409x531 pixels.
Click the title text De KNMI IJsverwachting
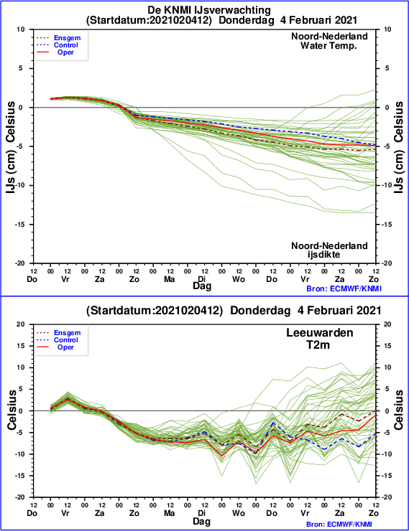point(209,10)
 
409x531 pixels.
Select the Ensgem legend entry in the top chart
point(67,38)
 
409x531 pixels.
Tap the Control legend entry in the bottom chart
point(66,340)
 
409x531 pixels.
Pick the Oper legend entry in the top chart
point(65,52)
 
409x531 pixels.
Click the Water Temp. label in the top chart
point(328,45)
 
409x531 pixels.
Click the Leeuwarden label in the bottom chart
point(319,332)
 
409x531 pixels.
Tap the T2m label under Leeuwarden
point(318,344)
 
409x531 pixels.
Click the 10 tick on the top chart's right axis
point(387,29)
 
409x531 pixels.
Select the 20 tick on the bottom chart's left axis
point(21,324)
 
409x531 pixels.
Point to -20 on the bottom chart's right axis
point(388,497)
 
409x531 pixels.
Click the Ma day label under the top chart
point(169,279)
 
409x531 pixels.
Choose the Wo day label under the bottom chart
point(239,513)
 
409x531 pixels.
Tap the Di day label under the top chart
point(202,279)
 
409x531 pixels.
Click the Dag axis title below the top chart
point(202,286)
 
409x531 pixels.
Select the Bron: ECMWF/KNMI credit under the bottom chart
point(344,525)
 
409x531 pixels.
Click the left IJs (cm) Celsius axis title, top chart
point(11,147)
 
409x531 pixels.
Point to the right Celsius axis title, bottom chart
point(398,410)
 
